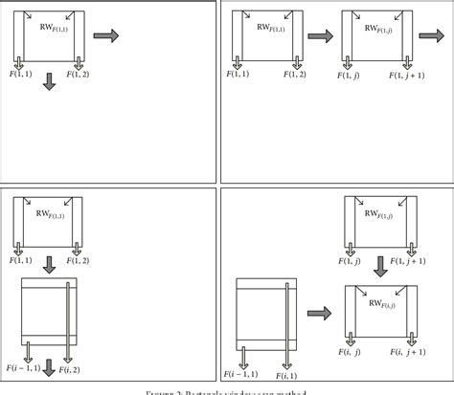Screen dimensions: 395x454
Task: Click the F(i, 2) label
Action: [70, 369]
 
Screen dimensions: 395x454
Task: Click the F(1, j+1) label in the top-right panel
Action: [413, 72]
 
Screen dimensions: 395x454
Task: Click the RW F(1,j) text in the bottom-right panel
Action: [376, 216]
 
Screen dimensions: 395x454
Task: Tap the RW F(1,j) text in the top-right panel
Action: [376, 30]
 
